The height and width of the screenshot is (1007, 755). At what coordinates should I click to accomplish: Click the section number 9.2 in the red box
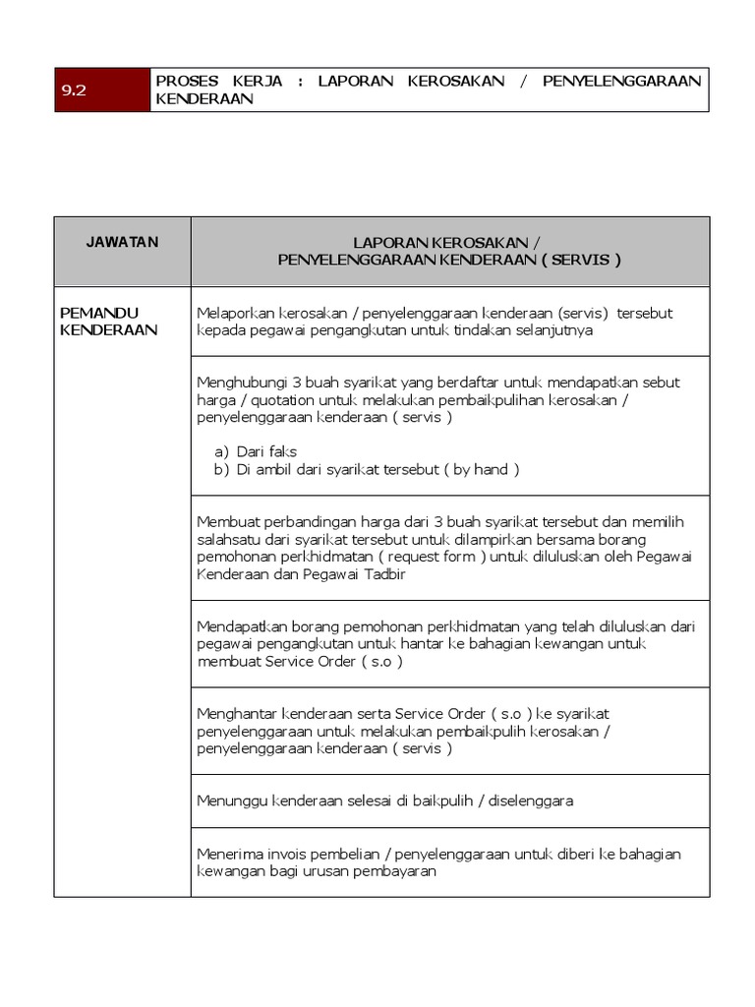tap(75, 89)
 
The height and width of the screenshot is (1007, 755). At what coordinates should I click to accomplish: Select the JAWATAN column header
tap(122, 242)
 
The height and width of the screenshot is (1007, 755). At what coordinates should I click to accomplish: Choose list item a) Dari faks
tap(255, 451)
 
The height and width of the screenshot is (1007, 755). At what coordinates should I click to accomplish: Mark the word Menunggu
tap(232, 800)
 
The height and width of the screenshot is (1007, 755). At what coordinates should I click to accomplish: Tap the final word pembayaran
tap(393, 871)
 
